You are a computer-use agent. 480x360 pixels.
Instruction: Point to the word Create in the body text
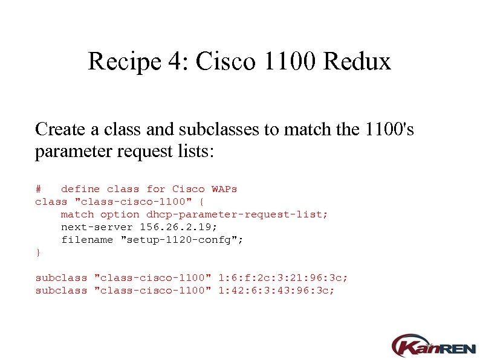59,129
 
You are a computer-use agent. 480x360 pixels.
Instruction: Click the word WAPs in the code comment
224,189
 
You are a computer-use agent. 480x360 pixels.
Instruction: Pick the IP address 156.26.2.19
178,227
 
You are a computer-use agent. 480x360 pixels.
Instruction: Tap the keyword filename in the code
87,240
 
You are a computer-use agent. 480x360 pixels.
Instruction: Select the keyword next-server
97,227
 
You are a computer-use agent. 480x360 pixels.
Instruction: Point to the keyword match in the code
77,214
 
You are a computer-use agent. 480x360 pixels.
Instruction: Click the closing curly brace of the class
38,252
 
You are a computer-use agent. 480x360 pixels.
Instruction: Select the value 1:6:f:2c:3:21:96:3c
283,278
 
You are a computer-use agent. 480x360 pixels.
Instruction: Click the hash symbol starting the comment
38,189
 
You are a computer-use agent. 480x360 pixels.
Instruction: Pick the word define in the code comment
80,189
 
